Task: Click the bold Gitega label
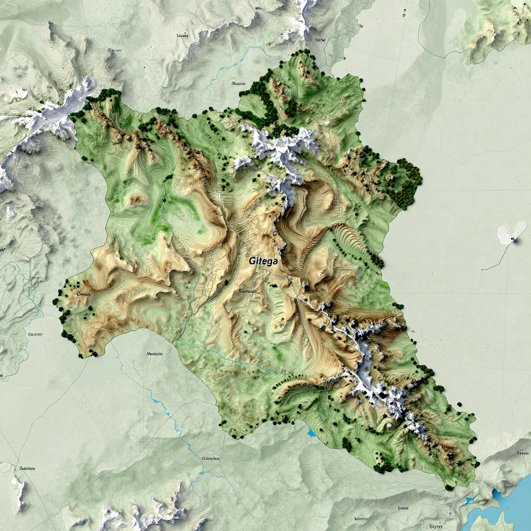tap(263, 261)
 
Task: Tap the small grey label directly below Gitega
tap(247, 292)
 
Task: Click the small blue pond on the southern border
tap(311, 432)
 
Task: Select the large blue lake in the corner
tap(511, 506)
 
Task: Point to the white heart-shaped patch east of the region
tap(511, 233)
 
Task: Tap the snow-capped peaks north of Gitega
tap(280, 150)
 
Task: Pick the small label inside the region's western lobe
tap(83, 295)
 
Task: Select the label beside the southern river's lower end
tap(212, 459)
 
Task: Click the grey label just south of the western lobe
tap(155, 354)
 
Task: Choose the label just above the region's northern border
tap(238, 83)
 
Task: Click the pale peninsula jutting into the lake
tap(487, 521)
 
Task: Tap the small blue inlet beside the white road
tap(469, 501)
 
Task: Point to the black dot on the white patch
tap(512, 239)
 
